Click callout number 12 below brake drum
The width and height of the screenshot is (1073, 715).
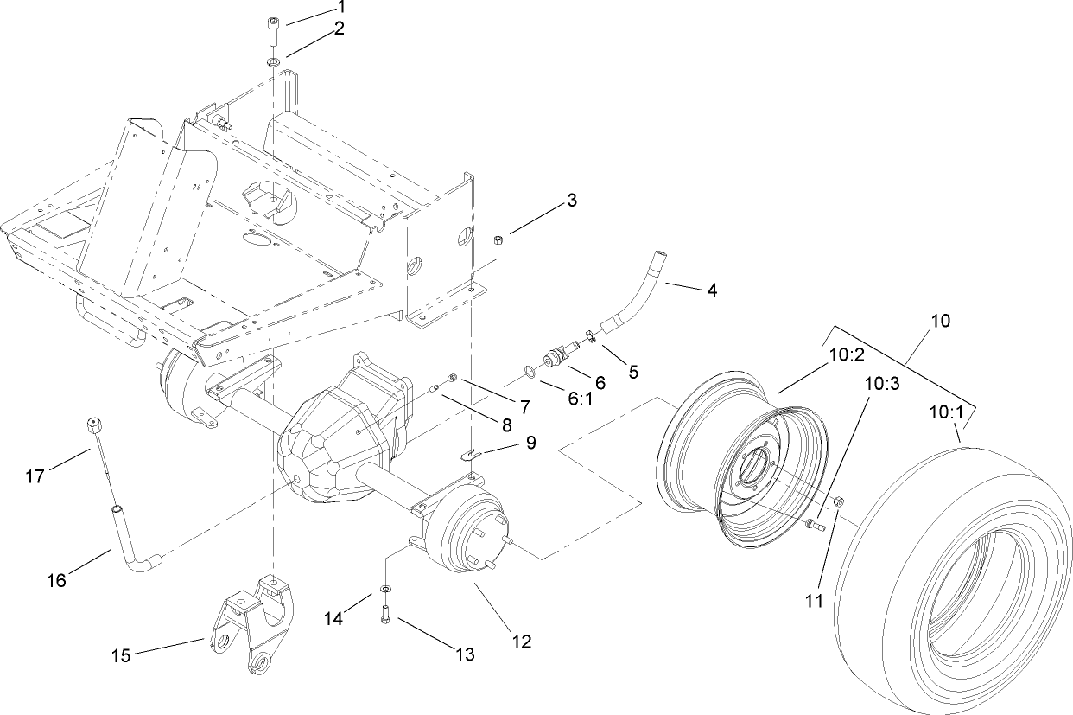point(521,642)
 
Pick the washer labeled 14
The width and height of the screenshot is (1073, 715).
point(385,589)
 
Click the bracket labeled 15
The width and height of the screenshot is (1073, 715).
point(251,627)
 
